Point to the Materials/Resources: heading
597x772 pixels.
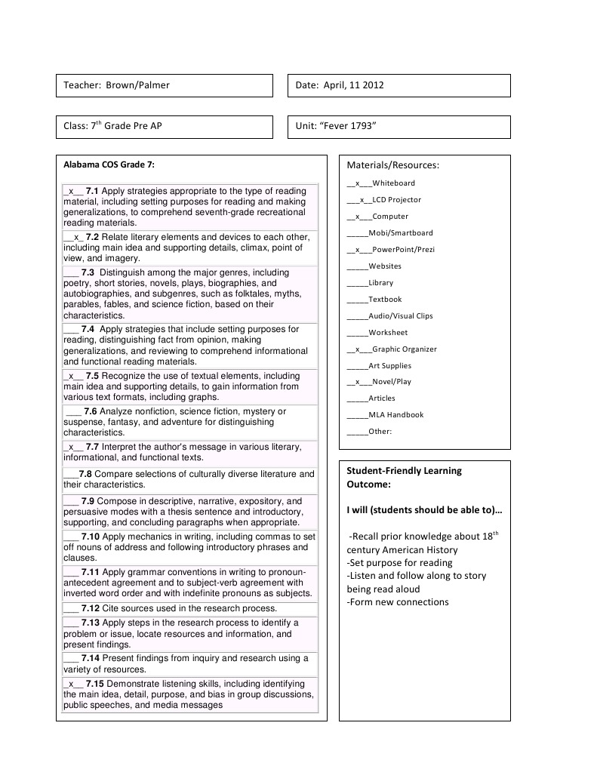(x=392, y=165)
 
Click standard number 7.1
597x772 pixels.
(x=92, y=191)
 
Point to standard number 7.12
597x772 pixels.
(x=91, y=608)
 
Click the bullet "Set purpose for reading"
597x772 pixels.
(x=399, y=563)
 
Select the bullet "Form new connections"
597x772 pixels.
(x=398, y=602)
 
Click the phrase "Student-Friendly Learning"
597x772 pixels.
(x=404, y=471)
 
